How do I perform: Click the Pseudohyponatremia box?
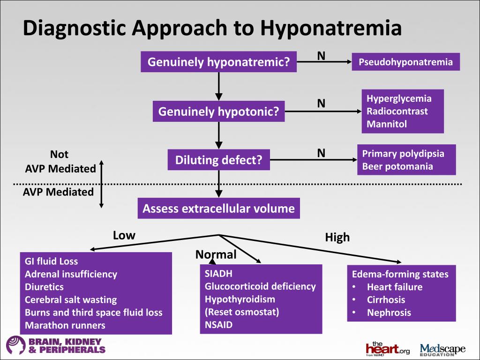[405, 62]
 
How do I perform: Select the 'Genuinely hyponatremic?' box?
[218, 62]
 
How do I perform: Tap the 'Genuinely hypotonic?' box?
[218, 112]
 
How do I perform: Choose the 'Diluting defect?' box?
[218, 160]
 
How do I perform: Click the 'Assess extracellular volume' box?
[218, 209]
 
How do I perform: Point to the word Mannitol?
[387, 124]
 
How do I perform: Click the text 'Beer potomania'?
[397, 166]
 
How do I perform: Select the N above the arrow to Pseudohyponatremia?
[321, 55]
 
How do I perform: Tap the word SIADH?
[218, 274]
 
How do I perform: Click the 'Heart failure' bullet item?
[395, 287]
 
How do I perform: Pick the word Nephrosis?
[389, 313]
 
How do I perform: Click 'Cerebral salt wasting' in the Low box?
[71, 300]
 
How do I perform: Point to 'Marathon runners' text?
[65, 325]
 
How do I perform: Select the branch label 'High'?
[337, 237]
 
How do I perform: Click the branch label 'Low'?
[124, 235]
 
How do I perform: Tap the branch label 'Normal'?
[216, 255]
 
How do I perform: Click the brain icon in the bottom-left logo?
[15, 345]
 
